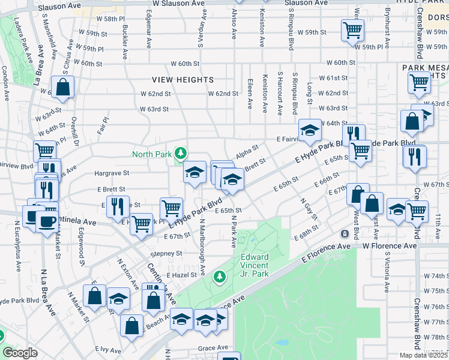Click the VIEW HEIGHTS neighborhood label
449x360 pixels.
(x=182, y=79)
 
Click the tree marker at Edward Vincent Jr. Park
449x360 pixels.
(x=220, y=277)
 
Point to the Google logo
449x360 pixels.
(x=20, y=353)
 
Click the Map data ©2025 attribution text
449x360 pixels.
(x=424, y=355)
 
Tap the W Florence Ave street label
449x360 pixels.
(x=389, y=246)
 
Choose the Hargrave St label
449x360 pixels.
(x=112, y=173)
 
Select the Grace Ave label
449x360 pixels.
(x=213, y=347)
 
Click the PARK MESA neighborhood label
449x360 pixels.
(x=425, y=68)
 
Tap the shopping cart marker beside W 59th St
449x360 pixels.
(x=352, y=29)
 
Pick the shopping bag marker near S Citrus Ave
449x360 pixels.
(x=62, y=87)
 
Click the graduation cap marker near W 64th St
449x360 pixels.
(x=310, y=130)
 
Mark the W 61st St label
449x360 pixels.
(x=333, y=78)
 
